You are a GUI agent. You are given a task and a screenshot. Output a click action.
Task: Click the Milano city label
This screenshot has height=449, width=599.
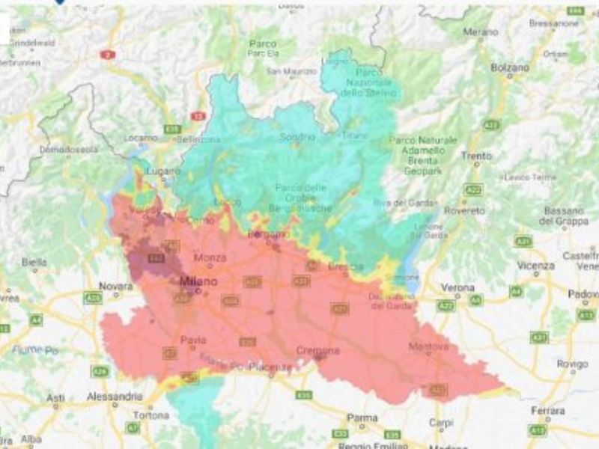pos(198,281)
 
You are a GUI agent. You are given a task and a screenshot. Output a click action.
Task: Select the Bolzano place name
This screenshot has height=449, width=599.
pos(510,67)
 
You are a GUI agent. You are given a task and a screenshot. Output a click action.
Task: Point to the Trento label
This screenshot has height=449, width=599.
pos(476,156)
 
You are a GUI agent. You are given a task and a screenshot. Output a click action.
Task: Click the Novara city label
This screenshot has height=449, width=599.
pos(117,287)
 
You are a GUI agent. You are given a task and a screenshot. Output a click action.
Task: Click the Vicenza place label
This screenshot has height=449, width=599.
pos(535,266)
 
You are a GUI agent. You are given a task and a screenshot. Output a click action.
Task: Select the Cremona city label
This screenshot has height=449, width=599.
pos(317,350)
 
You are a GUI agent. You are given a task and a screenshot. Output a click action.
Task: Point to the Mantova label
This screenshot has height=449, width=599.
pos(429,346)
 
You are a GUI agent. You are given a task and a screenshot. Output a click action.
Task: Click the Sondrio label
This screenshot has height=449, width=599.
pos(297,137)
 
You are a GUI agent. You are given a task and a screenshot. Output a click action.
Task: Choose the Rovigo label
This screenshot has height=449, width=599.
pos(572,364)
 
